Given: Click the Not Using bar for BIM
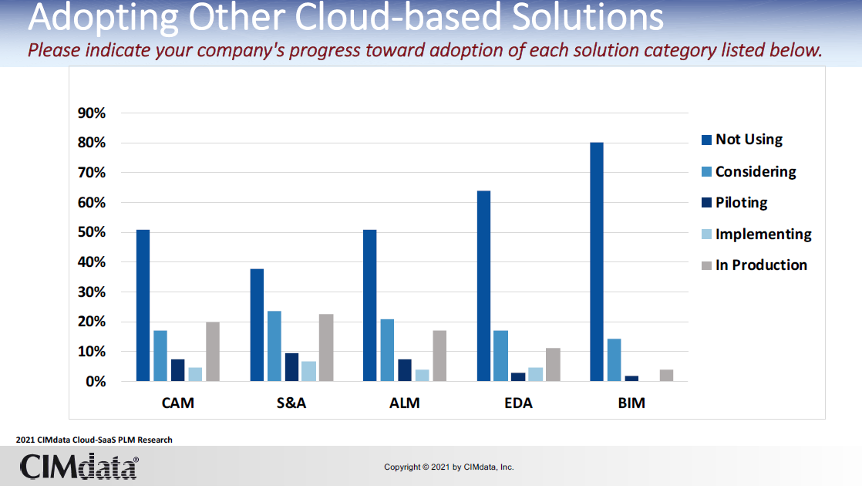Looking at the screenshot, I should pos(596,261).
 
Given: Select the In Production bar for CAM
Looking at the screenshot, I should pos(212,352).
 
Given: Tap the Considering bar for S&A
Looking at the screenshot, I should pos(274,346).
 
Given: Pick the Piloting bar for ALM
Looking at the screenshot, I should pos(405,370).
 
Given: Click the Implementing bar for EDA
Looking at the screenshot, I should pos(535,374).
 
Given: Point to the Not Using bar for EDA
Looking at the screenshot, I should pos(483,286).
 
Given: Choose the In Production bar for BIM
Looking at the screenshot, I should pos(666,376).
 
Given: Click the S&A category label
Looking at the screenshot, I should pos(291,403).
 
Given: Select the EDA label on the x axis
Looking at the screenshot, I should pos(518,403).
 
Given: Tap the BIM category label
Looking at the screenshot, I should pos(631,403).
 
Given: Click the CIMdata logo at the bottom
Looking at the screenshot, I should pos(79,467).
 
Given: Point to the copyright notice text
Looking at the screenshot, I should pos(449,467).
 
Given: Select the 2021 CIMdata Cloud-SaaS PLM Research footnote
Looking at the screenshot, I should pos(94,440).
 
